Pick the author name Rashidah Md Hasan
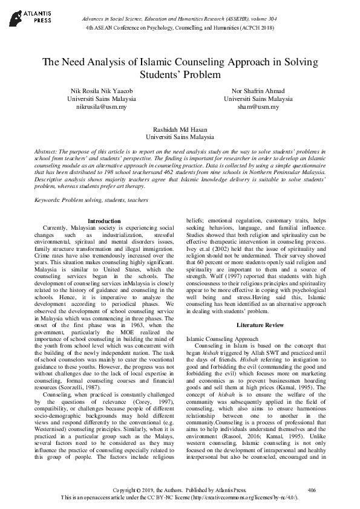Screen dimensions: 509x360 pos(180,129)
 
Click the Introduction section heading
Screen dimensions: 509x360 pos(104,221)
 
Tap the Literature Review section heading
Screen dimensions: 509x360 pos(260,325)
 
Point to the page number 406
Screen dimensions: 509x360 pos(312,489)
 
